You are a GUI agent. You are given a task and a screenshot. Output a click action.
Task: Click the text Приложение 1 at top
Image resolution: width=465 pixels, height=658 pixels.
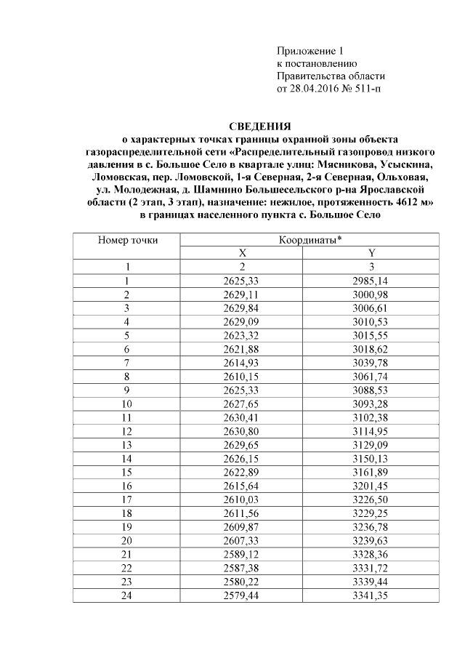(x=309, y=51)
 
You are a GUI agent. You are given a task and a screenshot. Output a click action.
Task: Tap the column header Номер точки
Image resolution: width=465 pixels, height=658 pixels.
(x=127, y=239)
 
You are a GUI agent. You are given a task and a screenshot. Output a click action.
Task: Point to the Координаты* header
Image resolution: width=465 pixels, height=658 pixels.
(x=310, y=239)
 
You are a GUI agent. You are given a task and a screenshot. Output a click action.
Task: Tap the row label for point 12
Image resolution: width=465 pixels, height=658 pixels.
(x=127, y=432)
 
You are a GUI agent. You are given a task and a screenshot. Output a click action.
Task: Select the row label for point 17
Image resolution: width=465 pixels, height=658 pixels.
(x=127, y=500)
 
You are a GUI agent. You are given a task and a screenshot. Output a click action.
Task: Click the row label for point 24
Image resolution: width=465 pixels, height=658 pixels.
(x=127, y=596)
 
